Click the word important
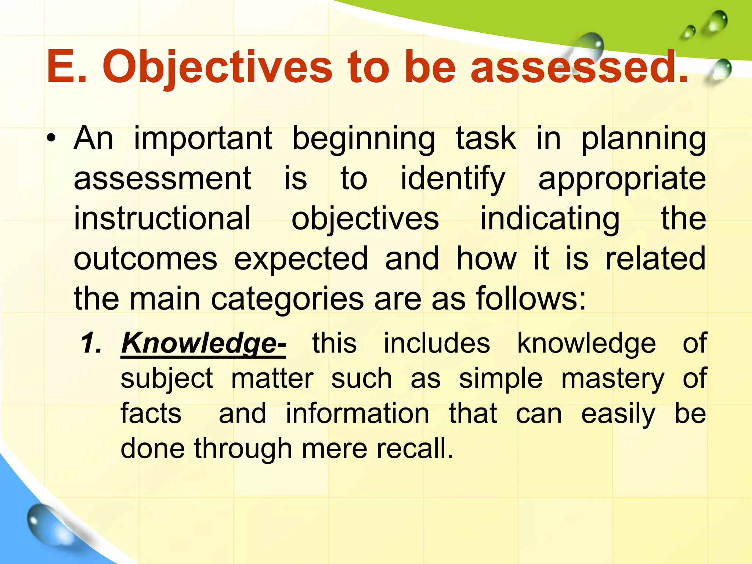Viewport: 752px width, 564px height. (x=203, y=139)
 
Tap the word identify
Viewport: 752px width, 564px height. (x=453, y=179)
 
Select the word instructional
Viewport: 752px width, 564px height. (x=162, y=218)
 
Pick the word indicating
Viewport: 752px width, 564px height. (x=550, y=219)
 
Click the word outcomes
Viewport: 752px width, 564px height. (x=145, y=259)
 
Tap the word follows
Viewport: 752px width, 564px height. (x=531, y=298)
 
